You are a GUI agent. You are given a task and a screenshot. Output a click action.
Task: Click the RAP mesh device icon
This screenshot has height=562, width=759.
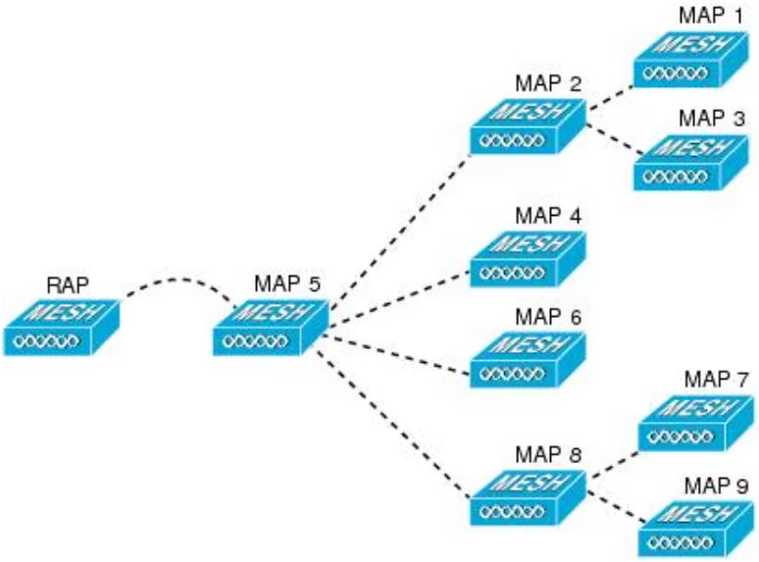click(x=62, y=326)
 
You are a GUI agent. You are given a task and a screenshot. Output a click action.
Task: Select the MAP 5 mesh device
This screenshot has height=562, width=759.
click(x=269, y=326)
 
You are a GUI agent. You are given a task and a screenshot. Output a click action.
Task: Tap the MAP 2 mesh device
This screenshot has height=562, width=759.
click(x=526, y=126)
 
